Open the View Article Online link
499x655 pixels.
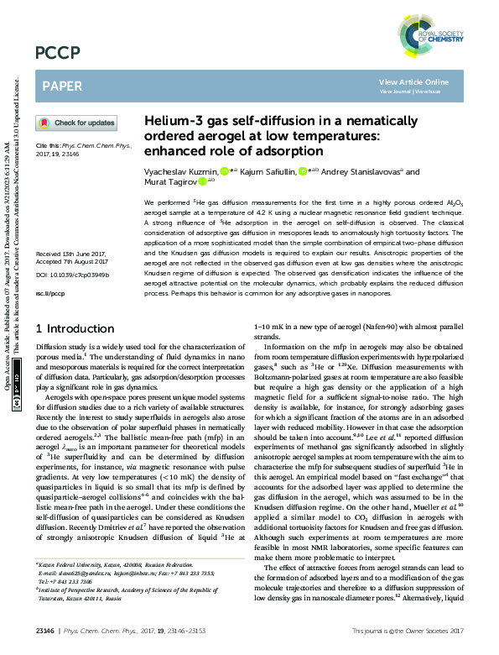[x=413, y=81]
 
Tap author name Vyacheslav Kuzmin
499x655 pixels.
[x=181, y=171]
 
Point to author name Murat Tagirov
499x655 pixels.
[x=170, y=181]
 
